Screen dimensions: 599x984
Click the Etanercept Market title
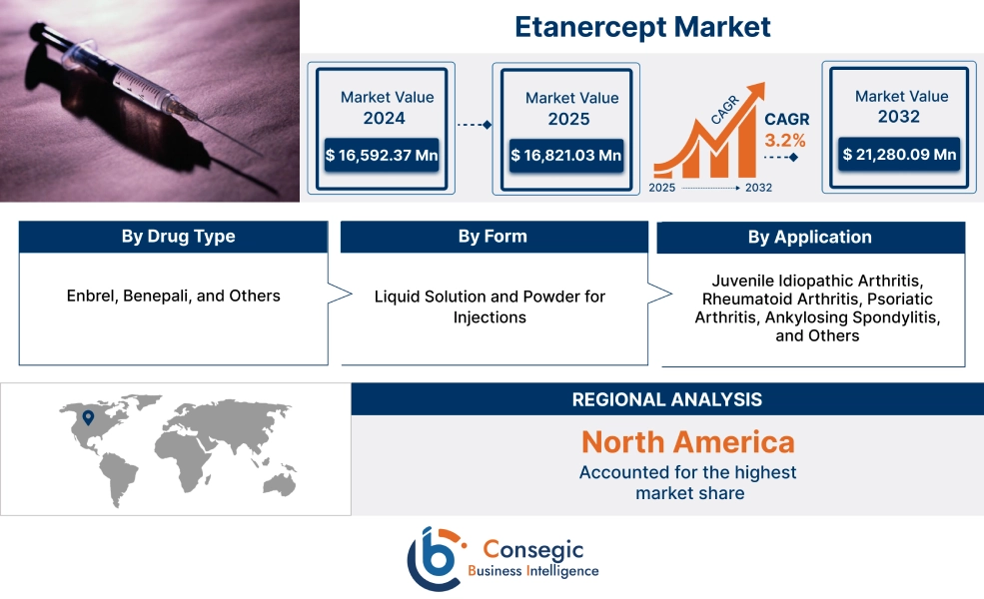tap(642, 26)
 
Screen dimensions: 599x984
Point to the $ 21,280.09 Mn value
tap(899, 154)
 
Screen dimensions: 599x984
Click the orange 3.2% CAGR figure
tap(785, 140)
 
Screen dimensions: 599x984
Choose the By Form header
tap(492, 237)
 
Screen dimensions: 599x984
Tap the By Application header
tap(809, 238)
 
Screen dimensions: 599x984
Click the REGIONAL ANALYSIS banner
tap(666, 399)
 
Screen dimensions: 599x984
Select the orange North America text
tap(688, 441)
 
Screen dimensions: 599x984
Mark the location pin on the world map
tap(89, 419)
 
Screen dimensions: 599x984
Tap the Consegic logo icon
tap(434, 558)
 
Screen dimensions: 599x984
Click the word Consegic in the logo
tap(533, 549)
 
